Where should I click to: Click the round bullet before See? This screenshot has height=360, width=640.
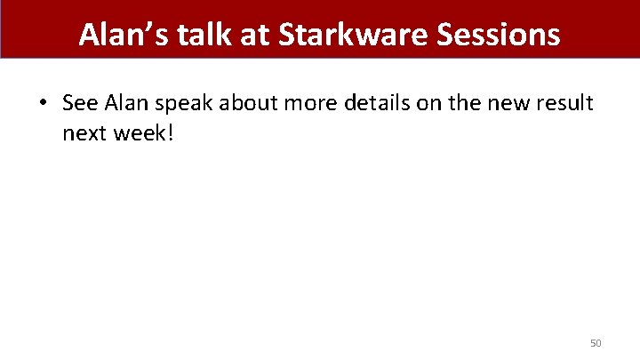point(44,103)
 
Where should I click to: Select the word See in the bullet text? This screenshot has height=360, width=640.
point(81,103)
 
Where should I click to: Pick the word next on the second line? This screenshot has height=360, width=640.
point(83,133)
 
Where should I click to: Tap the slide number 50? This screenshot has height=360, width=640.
point(596,342)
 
